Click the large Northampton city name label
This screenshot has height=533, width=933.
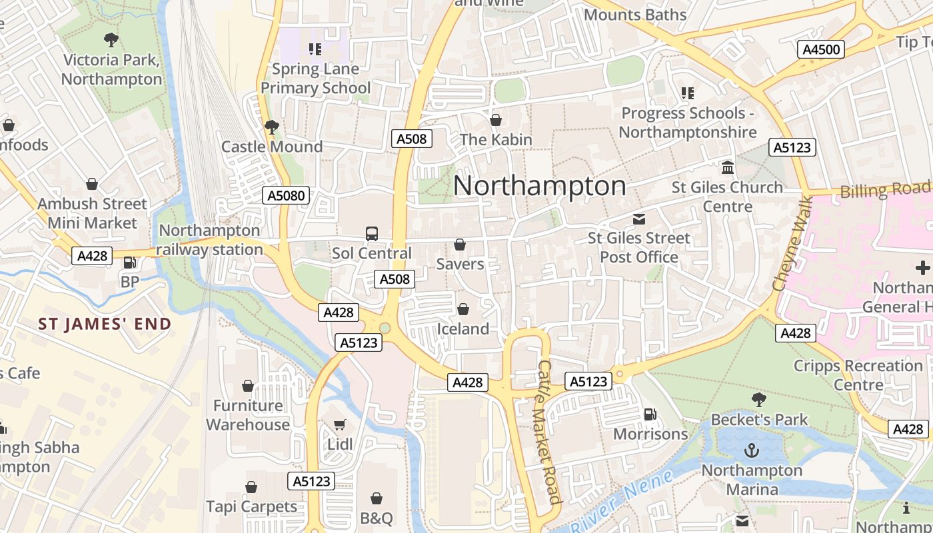click(x=539, y=186)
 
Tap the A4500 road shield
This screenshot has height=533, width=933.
click(x=821, y=49)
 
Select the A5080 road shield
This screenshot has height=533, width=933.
click(x=286, y=195)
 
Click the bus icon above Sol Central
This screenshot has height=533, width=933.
click(x=372, y=234)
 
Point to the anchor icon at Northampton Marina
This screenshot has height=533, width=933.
click(x=752, y=451)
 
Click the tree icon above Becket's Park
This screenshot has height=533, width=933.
click(x=758, y=400)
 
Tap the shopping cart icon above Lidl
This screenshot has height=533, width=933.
click(x=340, y=425)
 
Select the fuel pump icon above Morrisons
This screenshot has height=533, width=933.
click(x=650, y=414)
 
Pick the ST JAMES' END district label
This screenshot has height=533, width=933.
click(x=105, y=324)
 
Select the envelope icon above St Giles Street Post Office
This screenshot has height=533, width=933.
click(x=639, y=219)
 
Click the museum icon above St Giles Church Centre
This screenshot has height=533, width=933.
click(x=728, y=167)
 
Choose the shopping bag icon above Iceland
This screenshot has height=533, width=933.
click(x=463, y=310)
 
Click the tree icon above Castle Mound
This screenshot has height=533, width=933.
click(x=271, y=127)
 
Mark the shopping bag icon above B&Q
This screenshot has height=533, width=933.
click(x=377, y=499)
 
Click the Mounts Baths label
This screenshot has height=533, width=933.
click(x=634, y=15)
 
